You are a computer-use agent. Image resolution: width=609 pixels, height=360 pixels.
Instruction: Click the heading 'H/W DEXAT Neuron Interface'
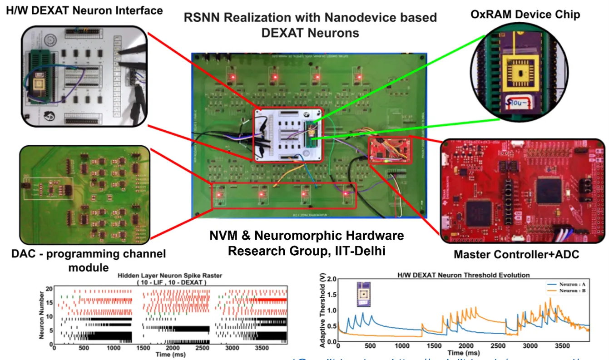[x=84, y=10]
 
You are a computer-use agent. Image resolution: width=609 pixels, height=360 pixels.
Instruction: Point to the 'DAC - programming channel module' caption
[x=89, y=260]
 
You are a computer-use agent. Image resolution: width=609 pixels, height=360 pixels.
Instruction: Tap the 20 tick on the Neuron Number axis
[x=49, y=289]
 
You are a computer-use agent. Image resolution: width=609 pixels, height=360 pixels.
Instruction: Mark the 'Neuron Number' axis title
[x=41, y=313]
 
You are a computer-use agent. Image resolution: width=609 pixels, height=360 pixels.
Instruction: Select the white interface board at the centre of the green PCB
[x=288, y=134]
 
